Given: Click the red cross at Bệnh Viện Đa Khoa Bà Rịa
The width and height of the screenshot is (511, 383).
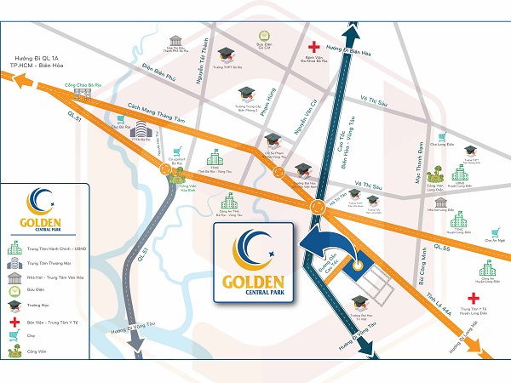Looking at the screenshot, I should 314,46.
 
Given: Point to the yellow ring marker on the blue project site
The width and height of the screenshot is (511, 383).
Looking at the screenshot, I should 360,264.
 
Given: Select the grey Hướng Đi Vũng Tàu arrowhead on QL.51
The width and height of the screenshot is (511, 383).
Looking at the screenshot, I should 134,350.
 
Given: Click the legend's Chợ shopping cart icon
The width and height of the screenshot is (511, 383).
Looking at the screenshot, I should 14,334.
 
